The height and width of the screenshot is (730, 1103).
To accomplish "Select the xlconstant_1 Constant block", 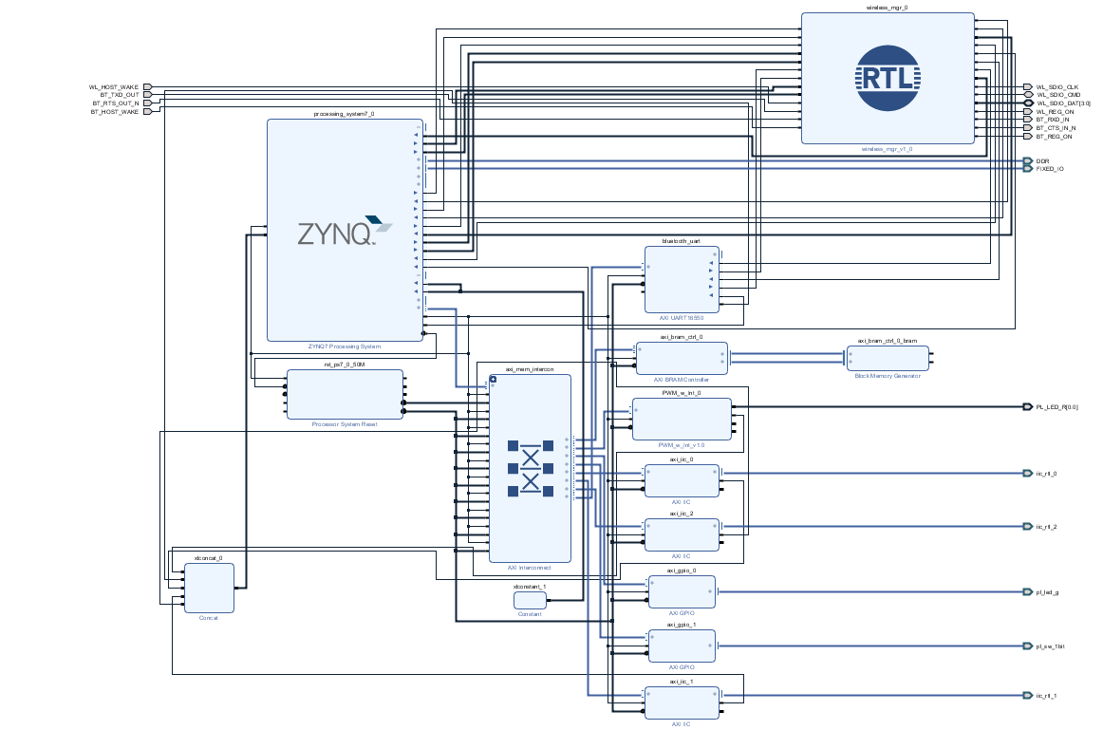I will (530, 601).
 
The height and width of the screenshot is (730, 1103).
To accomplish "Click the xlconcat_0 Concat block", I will (209, 588).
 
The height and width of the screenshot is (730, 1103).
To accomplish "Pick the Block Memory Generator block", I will (888, 358).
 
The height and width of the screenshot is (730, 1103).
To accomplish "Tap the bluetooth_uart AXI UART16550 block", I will (682, 279).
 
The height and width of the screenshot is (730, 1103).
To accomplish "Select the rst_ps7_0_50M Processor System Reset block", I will (345, 394).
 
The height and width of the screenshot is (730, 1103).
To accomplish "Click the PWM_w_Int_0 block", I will (682, 419).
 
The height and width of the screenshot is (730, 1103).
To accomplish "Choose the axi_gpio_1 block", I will (682, 646).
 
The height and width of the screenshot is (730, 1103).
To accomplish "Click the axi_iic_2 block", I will (682, 534).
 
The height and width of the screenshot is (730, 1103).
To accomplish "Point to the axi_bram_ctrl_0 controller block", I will (682, 358).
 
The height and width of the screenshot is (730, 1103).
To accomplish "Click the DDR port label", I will (1042, 161).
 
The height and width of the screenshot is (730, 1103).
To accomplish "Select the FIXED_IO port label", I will (1050, 169).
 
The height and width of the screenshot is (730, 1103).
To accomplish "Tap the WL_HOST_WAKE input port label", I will (115, 87).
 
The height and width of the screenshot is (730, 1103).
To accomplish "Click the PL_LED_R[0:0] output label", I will (1056, 407).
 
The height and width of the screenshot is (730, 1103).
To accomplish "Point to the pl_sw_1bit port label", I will (1052, 646).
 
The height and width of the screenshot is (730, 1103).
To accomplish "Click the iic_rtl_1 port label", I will (1047, 696).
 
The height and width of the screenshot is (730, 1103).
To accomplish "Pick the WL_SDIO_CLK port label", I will (1057, 87).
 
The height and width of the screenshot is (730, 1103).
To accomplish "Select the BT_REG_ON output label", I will (1055, 137).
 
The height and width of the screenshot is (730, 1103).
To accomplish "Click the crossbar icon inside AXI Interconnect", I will (530, 467).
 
